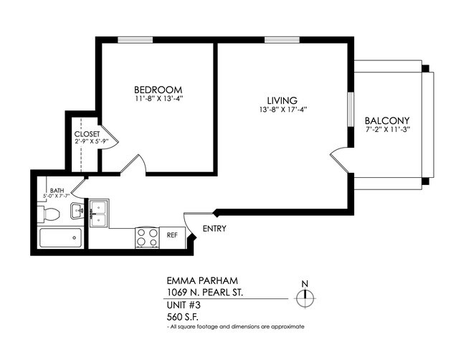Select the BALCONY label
(x=388, y=120)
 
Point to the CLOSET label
(x=87, y=134)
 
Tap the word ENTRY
(x=214, y=229)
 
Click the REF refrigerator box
(x=172, y=235)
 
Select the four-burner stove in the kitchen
(x=147, y=237)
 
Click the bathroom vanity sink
(x=77, y=212)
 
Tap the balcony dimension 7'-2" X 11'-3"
(x=388, y=131)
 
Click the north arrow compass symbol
(x=305, y=297)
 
